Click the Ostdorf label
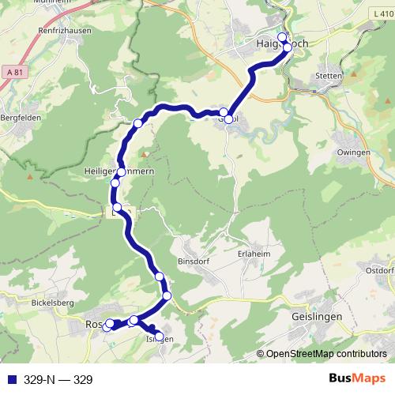click(380, 271)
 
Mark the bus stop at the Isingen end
click(160, 337)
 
